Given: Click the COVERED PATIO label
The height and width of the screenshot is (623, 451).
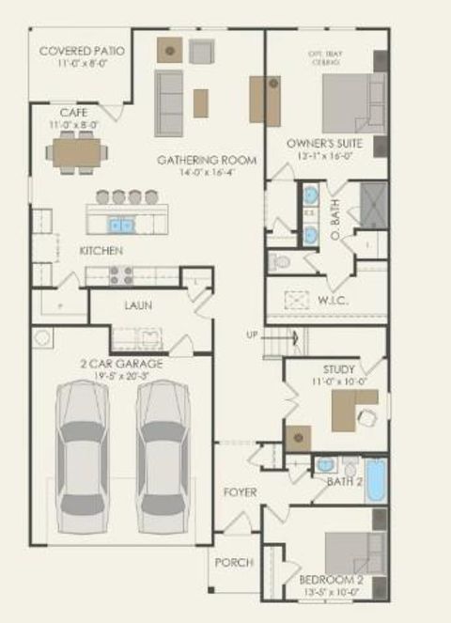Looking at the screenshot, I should (83, 49).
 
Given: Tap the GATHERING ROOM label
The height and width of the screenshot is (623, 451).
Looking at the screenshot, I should (207, 160).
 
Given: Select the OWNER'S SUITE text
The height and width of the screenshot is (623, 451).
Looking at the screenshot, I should (324, 143).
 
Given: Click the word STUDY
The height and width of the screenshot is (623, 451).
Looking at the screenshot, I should (338, 369).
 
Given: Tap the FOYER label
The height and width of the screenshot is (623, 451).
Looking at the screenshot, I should (240, 492).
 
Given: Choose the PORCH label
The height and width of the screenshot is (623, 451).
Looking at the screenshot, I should (234, 562).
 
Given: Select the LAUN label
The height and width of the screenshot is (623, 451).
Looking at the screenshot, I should (138, 305).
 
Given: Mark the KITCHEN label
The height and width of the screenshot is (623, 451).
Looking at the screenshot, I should (101, 251).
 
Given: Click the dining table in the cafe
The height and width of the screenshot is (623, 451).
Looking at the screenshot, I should (77, 153).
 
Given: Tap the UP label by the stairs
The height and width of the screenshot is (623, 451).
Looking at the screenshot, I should (251, 335).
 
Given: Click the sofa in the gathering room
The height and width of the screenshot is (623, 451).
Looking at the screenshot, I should (169, 101).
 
